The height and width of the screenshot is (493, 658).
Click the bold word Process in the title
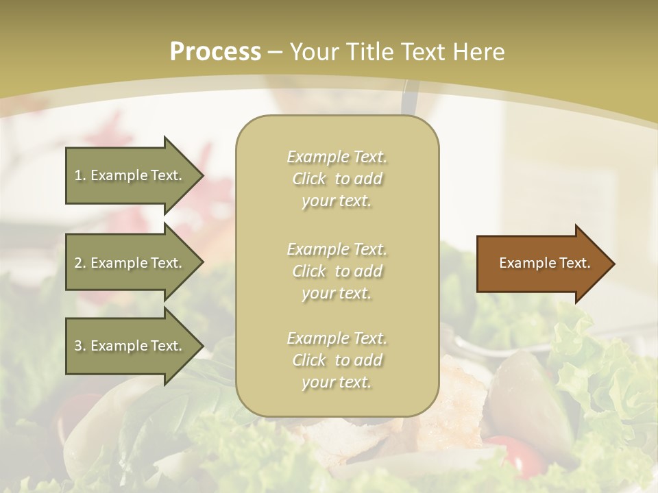pyautogui.click(x=215, y=52)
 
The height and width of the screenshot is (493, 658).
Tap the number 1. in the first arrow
pyautogui.click(x=80, y=175)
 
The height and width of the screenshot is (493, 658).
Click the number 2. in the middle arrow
pyautogui.click(x=80, y=263)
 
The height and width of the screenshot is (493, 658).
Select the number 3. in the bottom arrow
pyautogui.click(x=80, y=346)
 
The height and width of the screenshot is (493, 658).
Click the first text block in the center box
pyautogui.click(x=337, y=179)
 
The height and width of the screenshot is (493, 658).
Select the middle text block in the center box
pyautogui.click(x=337, y=271)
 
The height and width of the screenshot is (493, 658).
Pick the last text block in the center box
pyautogui.click(x=337, y=360)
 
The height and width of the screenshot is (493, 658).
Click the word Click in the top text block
pyautogui.click(x=309, y=179)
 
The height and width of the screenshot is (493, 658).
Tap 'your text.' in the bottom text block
pyautogui.click(x=337, y=382)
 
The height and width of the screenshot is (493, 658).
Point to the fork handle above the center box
pyautogui.click(x=410, y=99)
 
